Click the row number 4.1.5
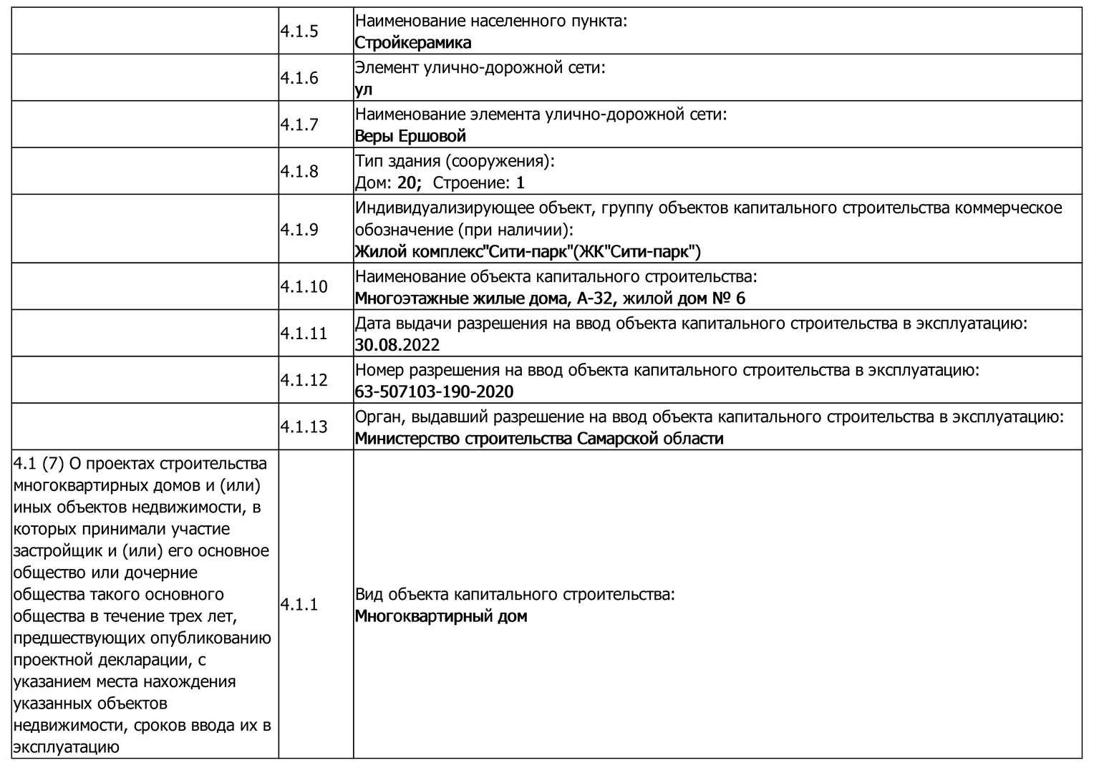pyautogui.click(x=299, y=31)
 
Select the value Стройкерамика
pyautogui.click(x=412, y=43)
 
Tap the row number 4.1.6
pyautogui.click(x=299, y=78)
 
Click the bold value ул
pyautogui.click(x=364, y=89)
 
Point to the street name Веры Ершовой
pyautogui.click(x=410, y=136)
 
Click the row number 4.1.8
pyautogui.click(x=299, y=172)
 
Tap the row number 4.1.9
pyautogui.click(x=299, y=230)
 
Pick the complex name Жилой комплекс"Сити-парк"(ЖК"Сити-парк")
pyautogui.click(x=528, y=252)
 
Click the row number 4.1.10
pyautogui.click(x=304, y=287)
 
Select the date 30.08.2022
pyautogui.click(x=397, y=345)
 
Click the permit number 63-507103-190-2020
pyautogui.click(x=434, y=392)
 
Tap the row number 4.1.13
pyautogui.click(x=304, y=427)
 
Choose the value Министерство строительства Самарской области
pyautogui.click(x=538, y=439)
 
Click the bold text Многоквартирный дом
pyautogui.click(x=440, y=616)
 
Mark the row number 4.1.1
pyautogui.click(x=299, y=605)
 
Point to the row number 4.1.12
pyautogui.click(x=304, y=380)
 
